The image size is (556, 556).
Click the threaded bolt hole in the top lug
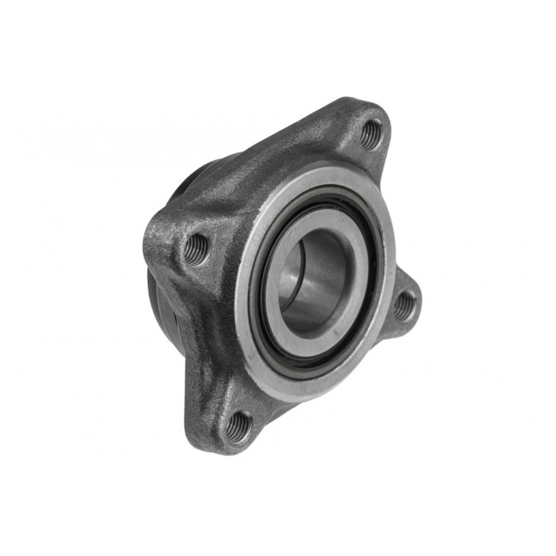pyautogui.click(x=370, y=133)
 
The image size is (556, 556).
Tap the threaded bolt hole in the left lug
pyautogui.click(x=196, y=249)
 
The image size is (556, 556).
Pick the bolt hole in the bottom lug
pyautogui.click(x=238, y=427)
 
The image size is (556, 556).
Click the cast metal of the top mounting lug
pyautogui.click(x=349, y=119)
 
